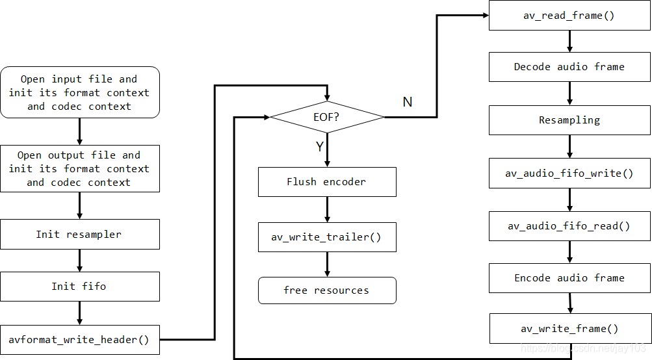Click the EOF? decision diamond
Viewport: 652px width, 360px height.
(x=327, y=117)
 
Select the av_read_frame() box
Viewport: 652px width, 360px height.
(x=569, y=16)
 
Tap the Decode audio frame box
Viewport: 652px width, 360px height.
(x=569, y=67)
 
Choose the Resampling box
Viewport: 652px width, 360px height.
(x=569, y=120)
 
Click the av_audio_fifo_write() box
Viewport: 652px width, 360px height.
(x=569, y=174)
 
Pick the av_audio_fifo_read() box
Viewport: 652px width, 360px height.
(x=569, y=226)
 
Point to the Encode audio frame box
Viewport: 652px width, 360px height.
(x=569, y=278)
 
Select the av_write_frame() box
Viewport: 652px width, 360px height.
(x=569, y=329)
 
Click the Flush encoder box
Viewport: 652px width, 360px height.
(x=327, y=182)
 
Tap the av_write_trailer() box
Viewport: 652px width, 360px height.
(x=327, y=237)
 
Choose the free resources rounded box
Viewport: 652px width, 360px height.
(x=327, y=290)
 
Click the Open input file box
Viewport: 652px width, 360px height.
(x=79, y=92)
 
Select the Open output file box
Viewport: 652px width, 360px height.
(x=79, y=168)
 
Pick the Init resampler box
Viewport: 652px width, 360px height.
(x=79, y=234)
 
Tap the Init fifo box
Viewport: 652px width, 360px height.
(x=79, y=287)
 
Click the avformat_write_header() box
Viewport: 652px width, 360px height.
(x=79, y=339)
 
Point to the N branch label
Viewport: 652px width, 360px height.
(x=408, y=102)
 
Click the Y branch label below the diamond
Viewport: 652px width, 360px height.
(x=319, y=147)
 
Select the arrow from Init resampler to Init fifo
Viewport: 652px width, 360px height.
(x=79, y=261)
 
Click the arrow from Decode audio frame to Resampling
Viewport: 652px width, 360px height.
(x=569, y=94)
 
